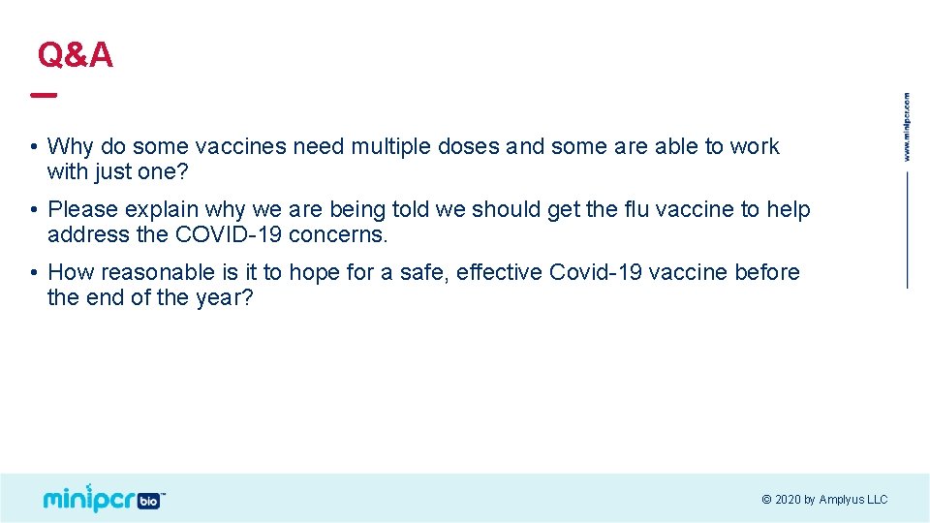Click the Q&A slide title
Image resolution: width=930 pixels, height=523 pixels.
(76, 55)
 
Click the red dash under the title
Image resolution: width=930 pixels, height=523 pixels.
(44, 95)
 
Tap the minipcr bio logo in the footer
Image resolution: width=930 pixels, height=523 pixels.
(104, 498)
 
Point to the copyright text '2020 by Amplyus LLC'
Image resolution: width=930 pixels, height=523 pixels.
(824, 500)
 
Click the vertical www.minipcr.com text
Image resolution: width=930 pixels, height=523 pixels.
(907, 127)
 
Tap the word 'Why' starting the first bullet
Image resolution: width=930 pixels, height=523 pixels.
(68, 146)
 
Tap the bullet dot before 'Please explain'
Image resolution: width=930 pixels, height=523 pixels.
(33, 210)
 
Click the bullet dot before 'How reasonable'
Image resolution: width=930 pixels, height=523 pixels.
(33, 273)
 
